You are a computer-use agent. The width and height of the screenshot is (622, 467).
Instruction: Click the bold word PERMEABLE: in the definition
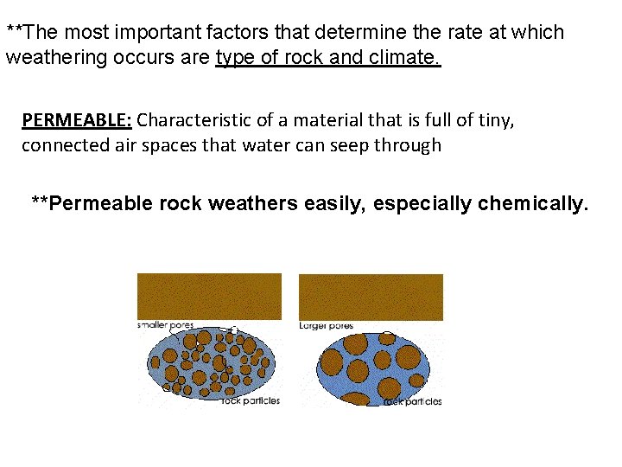pos(76,119)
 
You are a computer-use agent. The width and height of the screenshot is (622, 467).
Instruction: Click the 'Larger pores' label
pos(326,326)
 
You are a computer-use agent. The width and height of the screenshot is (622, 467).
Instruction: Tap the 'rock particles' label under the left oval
pos(251,400)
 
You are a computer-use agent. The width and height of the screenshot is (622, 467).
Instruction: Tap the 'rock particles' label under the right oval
pos(412,401)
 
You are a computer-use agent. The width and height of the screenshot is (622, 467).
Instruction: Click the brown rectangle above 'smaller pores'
pos(209,296)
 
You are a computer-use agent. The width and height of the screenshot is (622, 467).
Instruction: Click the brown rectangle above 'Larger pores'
pos(371,296)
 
